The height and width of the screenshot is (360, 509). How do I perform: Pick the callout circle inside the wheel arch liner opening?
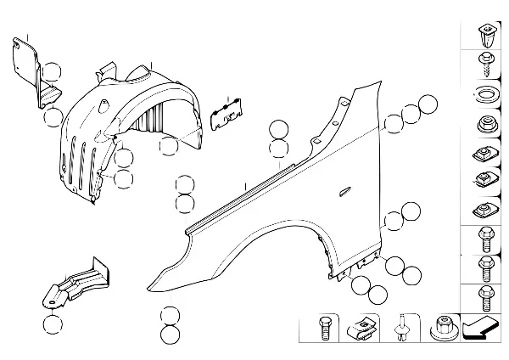tap(169, 147)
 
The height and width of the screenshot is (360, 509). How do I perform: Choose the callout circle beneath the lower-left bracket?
tap(53, 323)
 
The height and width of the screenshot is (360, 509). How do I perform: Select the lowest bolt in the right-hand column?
tap(485, 296)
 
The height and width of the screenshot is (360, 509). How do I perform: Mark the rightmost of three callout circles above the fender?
tap(428, 106)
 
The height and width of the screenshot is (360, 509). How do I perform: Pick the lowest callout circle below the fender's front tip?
tap(170, 334)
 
